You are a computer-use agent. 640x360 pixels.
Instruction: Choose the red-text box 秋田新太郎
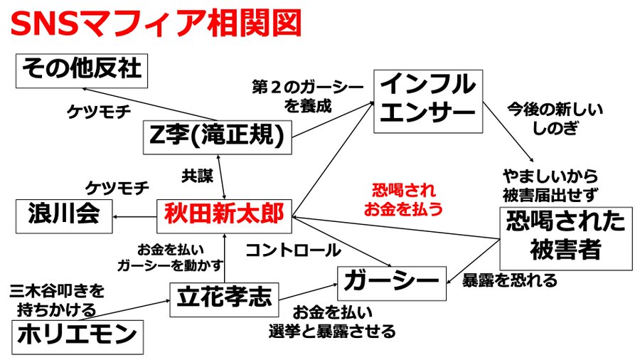(224, 213)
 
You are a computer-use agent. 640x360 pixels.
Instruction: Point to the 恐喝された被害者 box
(565, 237)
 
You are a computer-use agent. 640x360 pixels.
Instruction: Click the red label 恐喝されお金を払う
(403, 200)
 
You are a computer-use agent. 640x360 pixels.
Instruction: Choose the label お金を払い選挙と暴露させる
(332, 322)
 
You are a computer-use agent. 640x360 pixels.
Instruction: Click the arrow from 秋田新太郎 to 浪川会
(134, 216)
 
